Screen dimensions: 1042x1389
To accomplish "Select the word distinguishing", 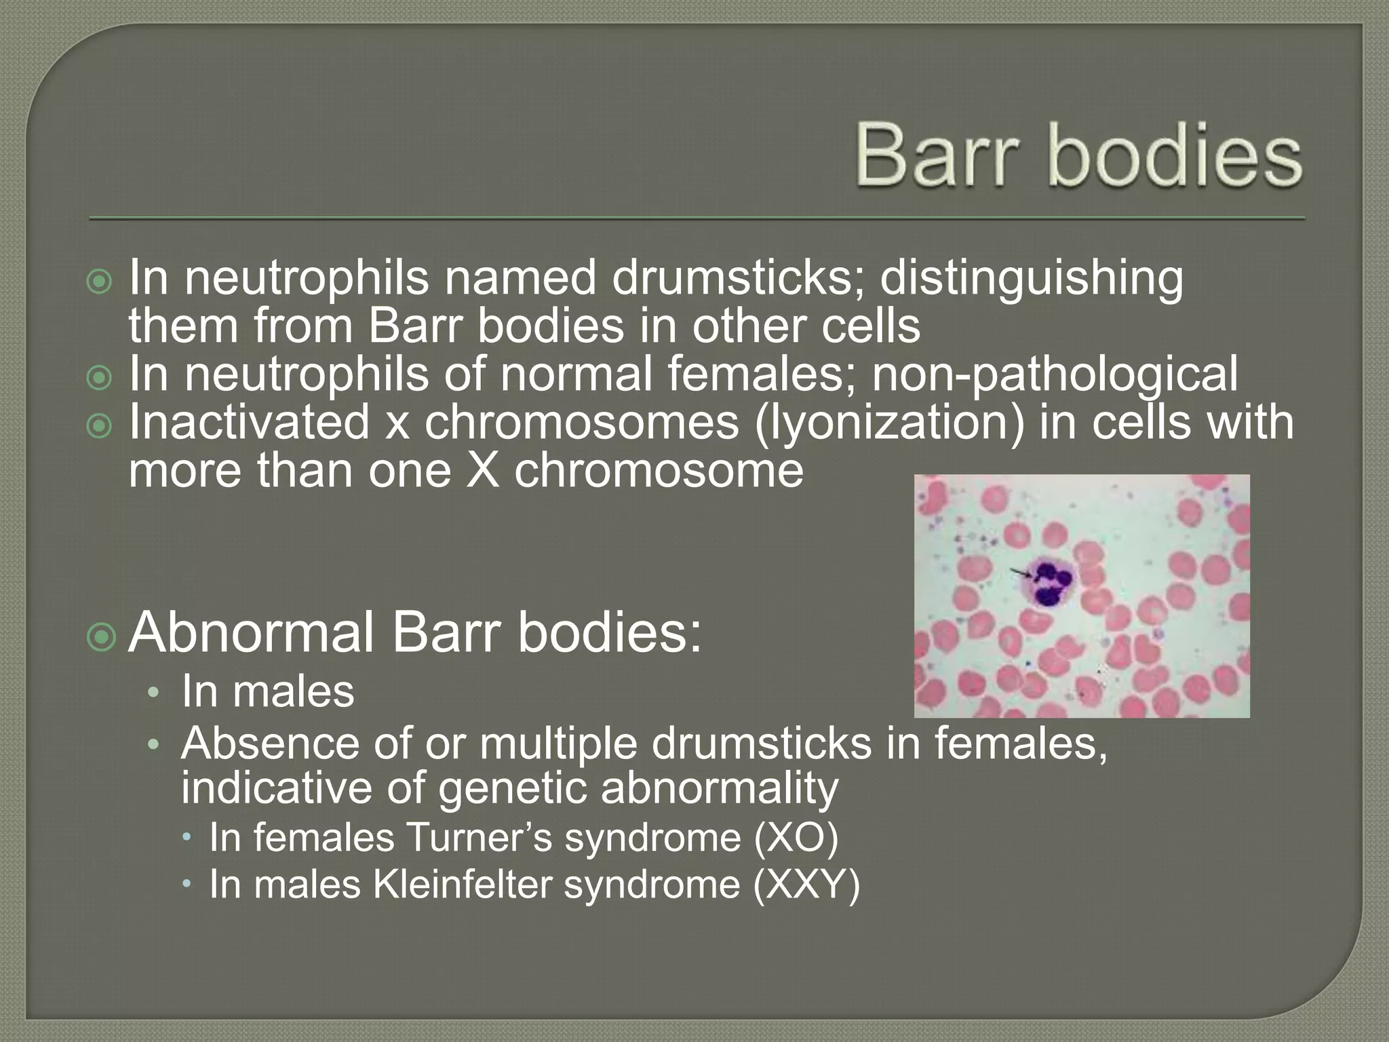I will pyautogui.click(x=1032, y=279).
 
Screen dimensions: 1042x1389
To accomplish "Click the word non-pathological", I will pyautogui.click(x=1055, y=375).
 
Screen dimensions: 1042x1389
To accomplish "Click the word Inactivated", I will pyautogui.click(x=248, y=423).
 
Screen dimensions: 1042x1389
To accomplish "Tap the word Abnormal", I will pyautogui.click(x=251, y=632).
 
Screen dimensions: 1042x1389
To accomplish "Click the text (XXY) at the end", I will pyautogui.click(x=806, y=885).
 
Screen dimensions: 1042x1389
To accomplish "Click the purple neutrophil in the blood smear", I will pyautogui.click(x=1051, y=583).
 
